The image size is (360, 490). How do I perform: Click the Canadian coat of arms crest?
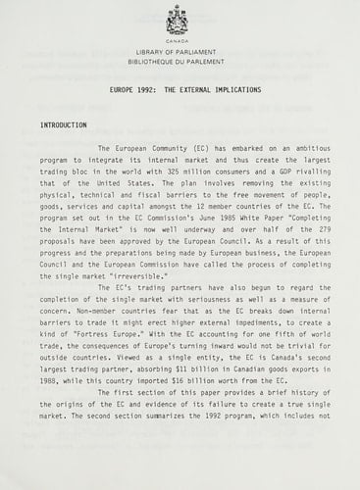178,20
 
